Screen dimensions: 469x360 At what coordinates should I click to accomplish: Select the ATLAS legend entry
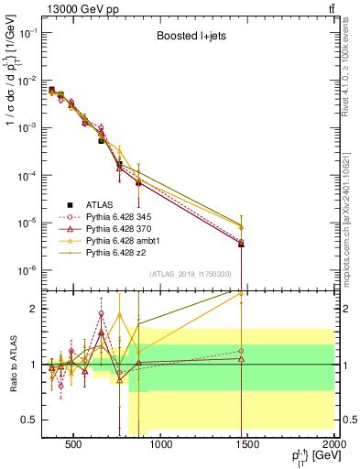(97, 204)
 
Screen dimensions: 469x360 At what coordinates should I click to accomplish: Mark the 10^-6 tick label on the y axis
(27, 270)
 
